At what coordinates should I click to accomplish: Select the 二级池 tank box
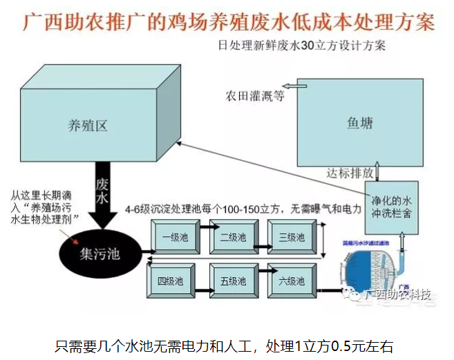[233, 238]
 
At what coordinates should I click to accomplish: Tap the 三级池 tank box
[291, 238]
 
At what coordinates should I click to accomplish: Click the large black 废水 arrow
[103, 193]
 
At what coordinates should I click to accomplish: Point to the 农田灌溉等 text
[254, 95]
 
